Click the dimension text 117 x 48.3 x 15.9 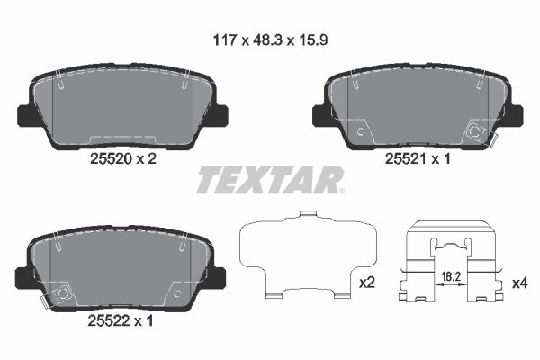(269, 39)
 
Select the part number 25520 (107, 158)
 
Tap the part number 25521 (401, 158)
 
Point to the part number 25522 (107, 319)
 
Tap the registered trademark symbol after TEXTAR (341, 190)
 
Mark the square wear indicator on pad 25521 (476, 130)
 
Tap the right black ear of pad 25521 (515, 116)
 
